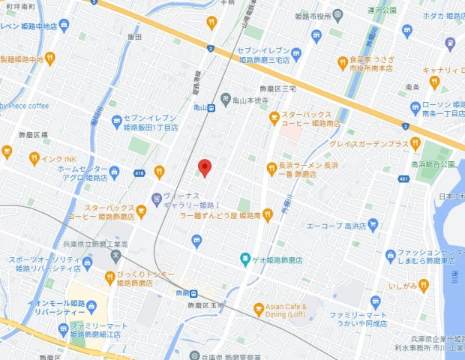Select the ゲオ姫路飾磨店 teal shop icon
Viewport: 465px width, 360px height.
coord(244,260)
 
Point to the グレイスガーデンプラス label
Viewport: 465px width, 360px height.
coord(376,143)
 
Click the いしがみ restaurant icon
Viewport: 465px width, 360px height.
coord(424,284)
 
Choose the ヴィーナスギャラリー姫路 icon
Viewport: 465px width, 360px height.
coord(154,199)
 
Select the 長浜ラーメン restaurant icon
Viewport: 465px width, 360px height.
coord(271,169)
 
